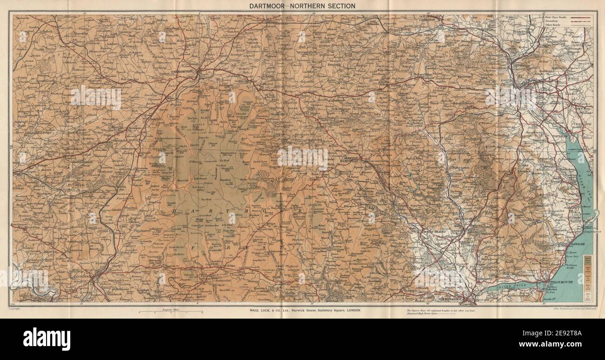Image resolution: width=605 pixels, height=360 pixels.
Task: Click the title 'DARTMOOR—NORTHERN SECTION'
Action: (x=302, y=6)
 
